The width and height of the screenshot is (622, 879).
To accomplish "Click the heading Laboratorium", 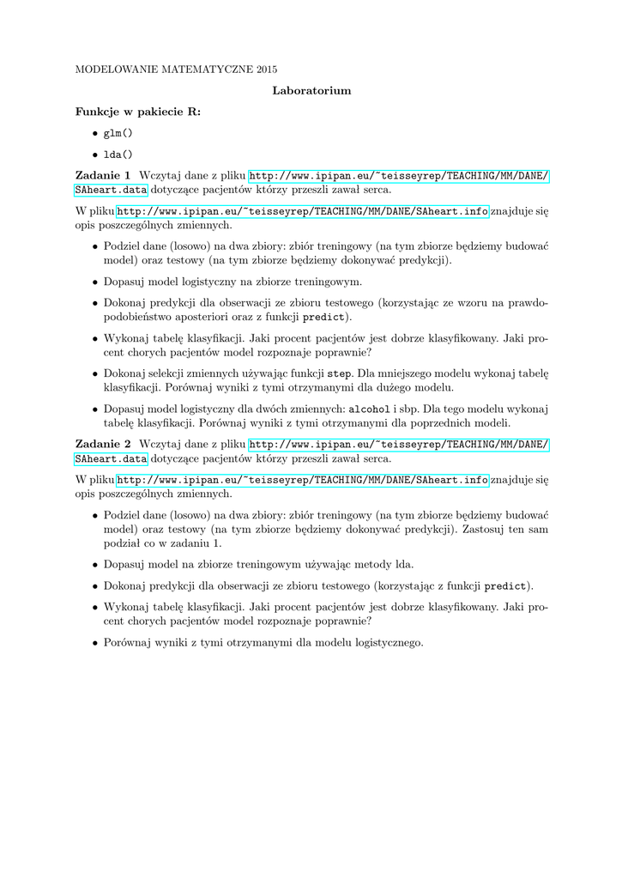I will [311, 90].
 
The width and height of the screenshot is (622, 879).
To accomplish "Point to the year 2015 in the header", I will [265, 68].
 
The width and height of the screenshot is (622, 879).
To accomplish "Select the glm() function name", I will [118, 133].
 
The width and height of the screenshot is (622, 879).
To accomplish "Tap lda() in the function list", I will [118, 155].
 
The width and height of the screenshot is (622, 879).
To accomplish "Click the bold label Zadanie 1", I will [103, 176].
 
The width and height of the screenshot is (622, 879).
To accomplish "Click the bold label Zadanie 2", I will [103, 444].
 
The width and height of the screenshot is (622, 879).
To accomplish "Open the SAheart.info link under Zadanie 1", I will [303, 211].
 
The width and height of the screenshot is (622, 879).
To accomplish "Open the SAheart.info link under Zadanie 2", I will [303, 479].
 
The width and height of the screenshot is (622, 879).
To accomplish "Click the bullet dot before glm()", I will [94, 134].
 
